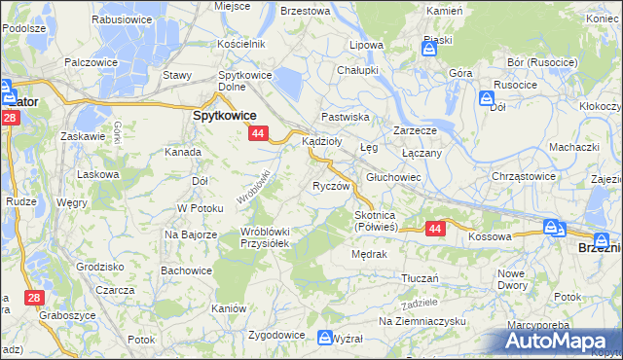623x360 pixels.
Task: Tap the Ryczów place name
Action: pyautogui.click(x=330, y=185)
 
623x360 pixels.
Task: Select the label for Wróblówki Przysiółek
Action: pyautogui.click(x=264, y=237)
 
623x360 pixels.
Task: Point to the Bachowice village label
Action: pyautogui.click(x=186, y=270)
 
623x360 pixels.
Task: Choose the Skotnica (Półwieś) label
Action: pyautogui.click(x=375, y=221)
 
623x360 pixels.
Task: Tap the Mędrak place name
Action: pyautogui.click(x=370, y=254)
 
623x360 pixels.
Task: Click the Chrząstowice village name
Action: pyautogui.click(x=523, y=176)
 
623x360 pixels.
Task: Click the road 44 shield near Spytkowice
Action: pyautogui.click(x=257, y=132)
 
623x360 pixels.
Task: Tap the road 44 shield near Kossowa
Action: pyautogui.click(x=435, y=229)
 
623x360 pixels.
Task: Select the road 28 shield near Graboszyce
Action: pyautogui.click(x=34, y=296)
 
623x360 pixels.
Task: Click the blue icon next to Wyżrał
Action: pyautogui.click(x=326, y=337)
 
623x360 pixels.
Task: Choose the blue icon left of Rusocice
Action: pyautogui.click(x=487, y=97)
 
